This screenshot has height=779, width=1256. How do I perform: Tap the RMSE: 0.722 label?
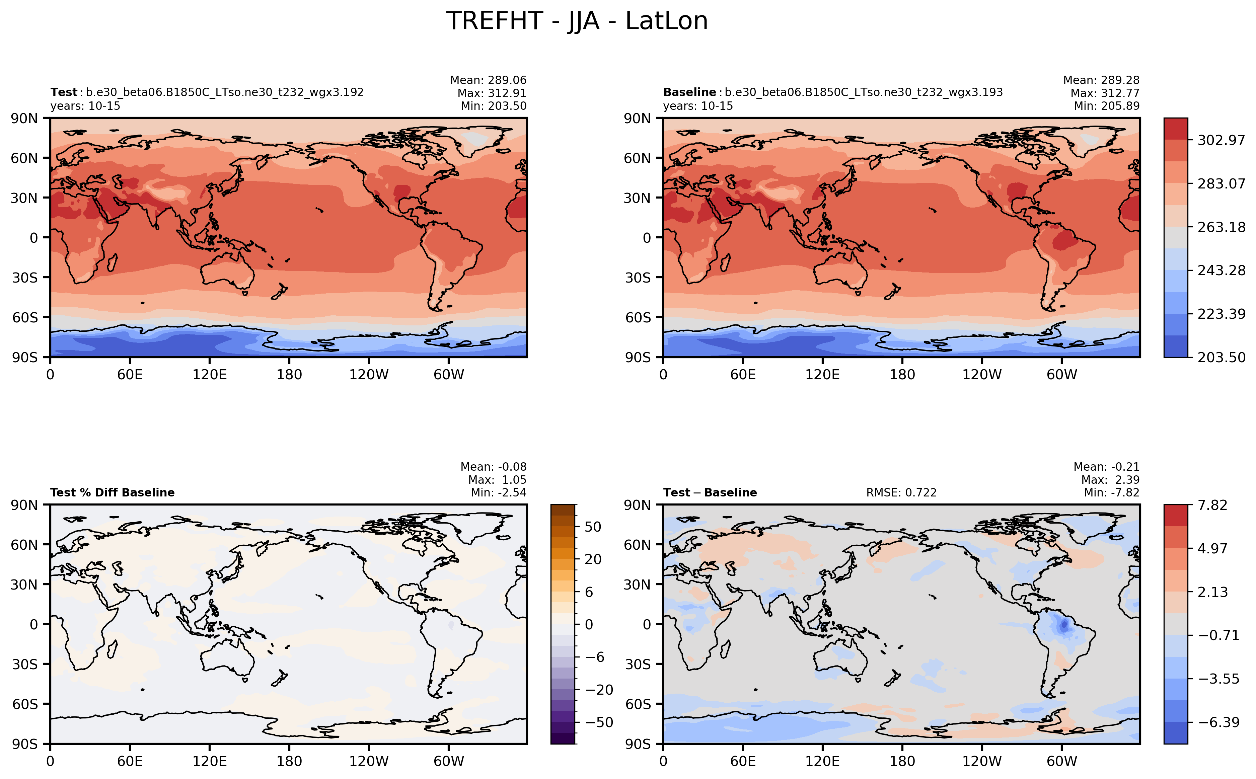pyautogui.click(x=901, y=492)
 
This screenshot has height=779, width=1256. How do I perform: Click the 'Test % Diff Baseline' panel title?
pyautogui.click(x=112, y=492)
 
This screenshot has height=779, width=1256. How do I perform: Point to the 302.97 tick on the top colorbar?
pyautogui.click(x=1221, y=140)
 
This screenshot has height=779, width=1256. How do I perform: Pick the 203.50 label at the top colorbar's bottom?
pyautogui.click(x=1221, y=357)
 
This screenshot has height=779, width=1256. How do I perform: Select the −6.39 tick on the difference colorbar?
pyautogui.click(x=1218, y=722)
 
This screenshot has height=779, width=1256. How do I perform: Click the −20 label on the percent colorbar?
pyautogui.click(x=599, y=690)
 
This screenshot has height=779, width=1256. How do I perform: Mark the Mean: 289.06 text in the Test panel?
pyautogui.click(x=488, y=80)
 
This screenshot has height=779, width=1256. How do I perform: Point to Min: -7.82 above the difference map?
pyautogui.click(x=1111, y=492)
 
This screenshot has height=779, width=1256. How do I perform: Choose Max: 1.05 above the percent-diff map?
pyautogui.click(x=497, y=480)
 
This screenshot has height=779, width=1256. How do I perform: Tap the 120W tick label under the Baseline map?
pyautogui.click(x=981, y=375)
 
